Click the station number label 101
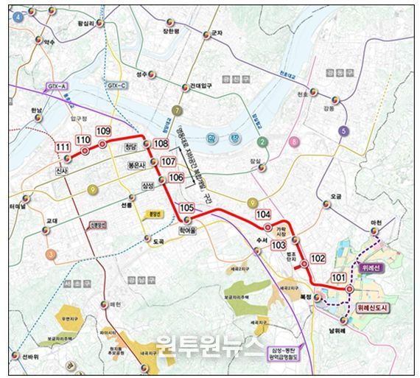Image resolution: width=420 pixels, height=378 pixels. click(338, 278)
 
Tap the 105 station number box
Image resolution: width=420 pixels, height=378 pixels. click(187, 209)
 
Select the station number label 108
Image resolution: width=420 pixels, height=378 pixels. click(161, 144)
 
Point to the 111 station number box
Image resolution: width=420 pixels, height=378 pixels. click(63, 148)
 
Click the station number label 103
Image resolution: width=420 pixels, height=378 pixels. click(279, 245)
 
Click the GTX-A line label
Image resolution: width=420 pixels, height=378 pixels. click(57, 87)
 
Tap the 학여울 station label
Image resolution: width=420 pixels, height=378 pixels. click(190, 230)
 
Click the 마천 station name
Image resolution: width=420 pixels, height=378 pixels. click(377, 223)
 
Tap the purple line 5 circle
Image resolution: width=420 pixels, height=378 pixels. click(343, 131)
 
